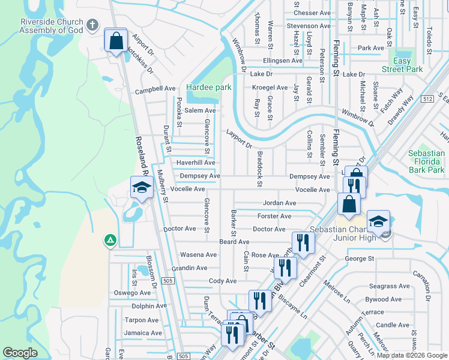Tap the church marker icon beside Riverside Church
tap(92, 25)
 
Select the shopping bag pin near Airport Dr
tap(115, 41)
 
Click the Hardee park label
tap(208, 87)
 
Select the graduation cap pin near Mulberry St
tap(142, 188)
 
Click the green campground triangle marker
tap(110, 241)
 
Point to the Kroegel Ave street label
tap(270, 88)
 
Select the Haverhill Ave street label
tap(195, 163)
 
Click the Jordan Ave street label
tap(279, 203)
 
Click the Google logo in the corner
tap(20, 353)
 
